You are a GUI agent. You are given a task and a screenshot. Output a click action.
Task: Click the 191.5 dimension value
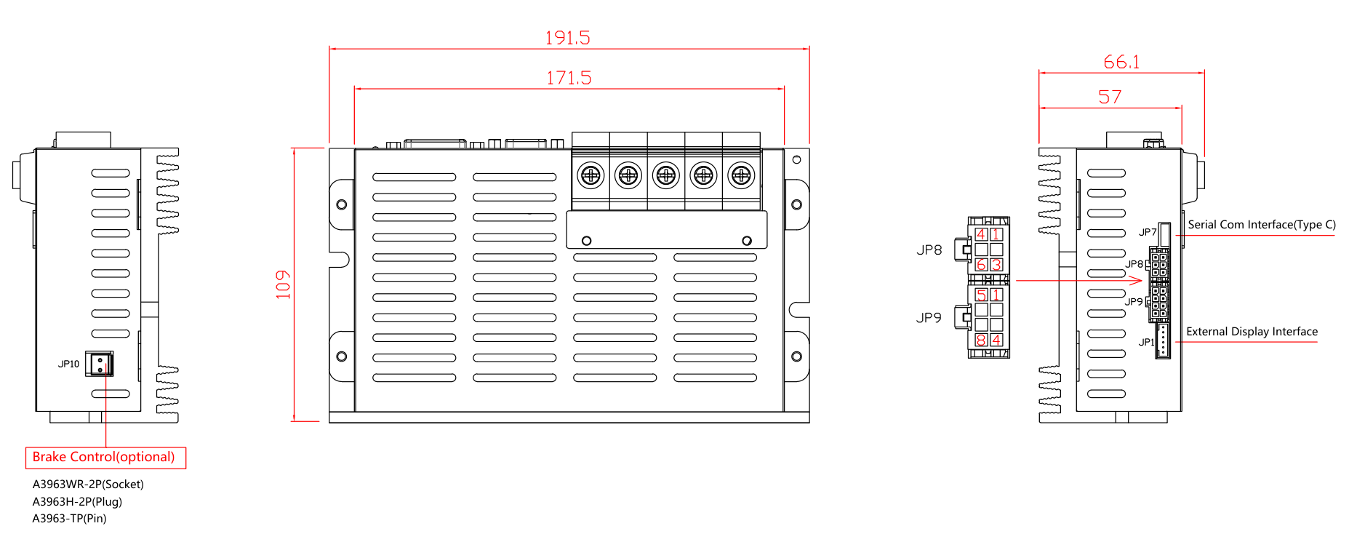pyautogui.click(x=567, y=38)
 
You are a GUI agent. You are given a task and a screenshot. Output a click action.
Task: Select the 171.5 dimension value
pyautogui.click(x=569, y=78)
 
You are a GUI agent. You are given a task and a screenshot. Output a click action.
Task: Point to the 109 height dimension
pyautogui.click(x=283, y=284)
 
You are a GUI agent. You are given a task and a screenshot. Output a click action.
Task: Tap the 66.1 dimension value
pyautogui.click(x=1121, y=62)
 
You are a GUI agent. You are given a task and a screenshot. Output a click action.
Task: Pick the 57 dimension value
pyautogui.click(x=1110, y=97)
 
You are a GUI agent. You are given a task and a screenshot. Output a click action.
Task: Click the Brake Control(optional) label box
pyautogui.click(x=105, y=458)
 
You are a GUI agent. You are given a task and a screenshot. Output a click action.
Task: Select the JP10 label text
pyautogui.click(x=68, y=364)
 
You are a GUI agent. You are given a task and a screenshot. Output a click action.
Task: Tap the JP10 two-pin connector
pyautogui.click(x=100, y=364)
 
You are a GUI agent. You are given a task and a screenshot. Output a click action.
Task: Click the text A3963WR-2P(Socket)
pyautogui.click(x=88, y=485)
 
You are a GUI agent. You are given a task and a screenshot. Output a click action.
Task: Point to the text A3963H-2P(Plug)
pyautogui.click(x=77, y=502)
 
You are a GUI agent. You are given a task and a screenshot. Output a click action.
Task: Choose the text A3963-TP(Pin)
pyautogui.click(x=69, y=519)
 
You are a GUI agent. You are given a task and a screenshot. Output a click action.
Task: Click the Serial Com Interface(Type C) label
pyautogui.click(x=1262, y=225)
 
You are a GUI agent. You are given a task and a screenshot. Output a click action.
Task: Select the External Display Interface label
pyautogui.click(x=1252, y=332)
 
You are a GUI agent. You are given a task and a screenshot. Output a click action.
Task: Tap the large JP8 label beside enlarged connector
pyautogui.click(x=929, y=250)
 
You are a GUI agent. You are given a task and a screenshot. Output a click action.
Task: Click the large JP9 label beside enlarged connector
pyautogui.click(x=929, y=318)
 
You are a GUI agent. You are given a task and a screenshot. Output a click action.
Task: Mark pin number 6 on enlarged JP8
pyautogui.click(x=981, y=265)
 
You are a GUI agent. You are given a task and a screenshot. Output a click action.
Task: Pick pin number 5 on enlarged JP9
pyautogui.click(x=981, y=295)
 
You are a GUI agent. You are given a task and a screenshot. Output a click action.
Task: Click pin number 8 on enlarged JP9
pyautogui.click(x=981, y=340)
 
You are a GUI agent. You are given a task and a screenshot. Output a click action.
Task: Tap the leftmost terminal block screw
pyautogui.click(x=591, y=175)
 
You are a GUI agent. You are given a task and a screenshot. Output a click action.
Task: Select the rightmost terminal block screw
pyautogui.click(x=741, y=175)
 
